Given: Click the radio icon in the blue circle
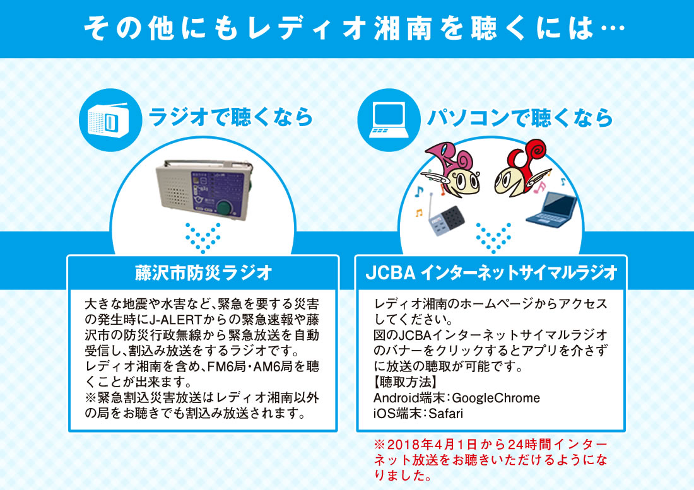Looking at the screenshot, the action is tap(109, 119).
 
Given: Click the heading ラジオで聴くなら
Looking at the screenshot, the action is tap(231, 118).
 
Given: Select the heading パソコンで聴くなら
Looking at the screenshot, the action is tap(520, 119).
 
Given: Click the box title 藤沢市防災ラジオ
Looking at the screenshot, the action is tap(203, 272).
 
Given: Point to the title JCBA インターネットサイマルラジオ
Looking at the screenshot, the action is tap(491, 272).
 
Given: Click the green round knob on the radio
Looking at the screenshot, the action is tap(226, 207).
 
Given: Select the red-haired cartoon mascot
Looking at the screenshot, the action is tap(522, 168).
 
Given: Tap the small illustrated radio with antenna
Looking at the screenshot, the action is tap(445, 218).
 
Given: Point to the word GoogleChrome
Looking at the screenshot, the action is tap(496, 398).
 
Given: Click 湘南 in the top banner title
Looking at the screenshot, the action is tap(403, 29).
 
